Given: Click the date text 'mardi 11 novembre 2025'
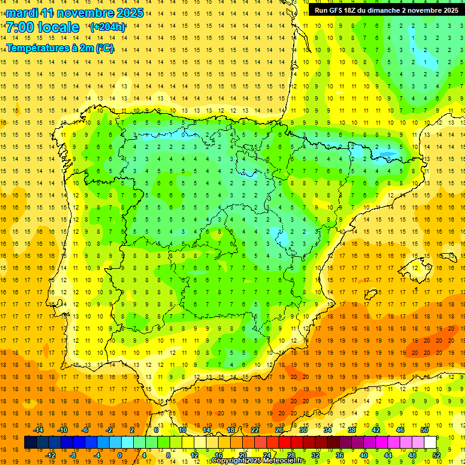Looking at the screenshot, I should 75,13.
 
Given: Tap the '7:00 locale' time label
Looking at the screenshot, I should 42,27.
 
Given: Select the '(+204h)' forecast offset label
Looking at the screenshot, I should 108,27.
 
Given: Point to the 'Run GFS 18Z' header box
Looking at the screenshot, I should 386,10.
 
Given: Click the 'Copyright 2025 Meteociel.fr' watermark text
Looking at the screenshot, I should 259,461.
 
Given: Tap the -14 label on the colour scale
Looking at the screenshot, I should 38,430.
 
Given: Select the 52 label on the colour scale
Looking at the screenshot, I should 437,455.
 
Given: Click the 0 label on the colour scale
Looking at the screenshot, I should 120,455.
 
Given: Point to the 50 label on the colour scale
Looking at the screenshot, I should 424,430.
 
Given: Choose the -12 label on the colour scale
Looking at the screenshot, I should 50,455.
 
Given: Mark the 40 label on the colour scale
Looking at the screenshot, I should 364,455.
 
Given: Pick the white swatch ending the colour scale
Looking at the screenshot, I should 430,443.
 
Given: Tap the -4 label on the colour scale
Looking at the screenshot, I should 96,455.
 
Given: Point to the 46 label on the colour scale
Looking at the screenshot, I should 400,430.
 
